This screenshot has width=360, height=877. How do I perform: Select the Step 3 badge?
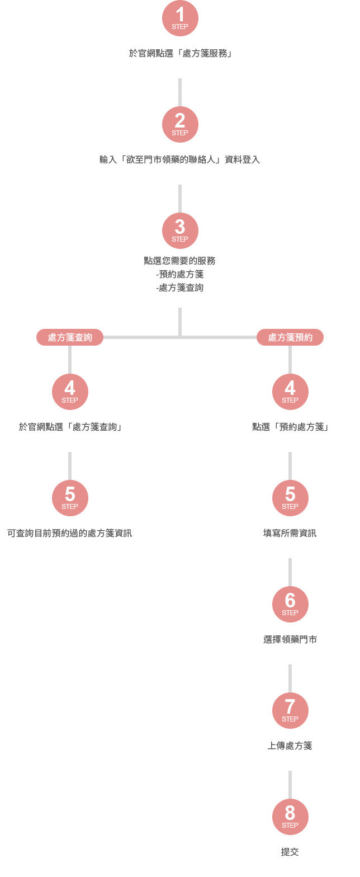point(180,229)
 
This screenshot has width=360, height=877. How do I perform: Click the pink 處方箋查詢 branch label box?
point(70,337)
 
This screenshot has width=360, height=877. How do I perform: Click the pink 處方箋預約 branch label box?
point(290,337)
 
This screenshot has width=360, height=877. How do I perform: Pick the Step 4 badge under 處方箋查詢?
point(70,390)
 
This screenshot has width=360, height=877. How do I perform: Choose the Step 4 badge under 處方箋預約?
point(290,390)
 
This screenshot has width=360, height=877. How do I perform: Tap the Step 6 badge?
point(290,603)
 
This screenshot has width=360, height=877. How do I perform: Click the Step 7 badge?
point(290,709)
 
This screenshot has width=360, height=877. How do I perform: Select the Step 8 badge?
point(290,815)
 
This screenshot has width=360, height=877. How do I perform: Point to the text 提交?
point(290,852)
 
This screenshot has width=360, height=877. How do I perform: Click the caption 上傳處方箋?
point(290,746)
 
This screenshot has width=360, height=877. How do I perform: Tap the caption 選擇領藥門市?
point(290,639)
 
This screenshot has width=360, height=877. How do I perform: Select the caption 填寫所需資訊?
point(290,533)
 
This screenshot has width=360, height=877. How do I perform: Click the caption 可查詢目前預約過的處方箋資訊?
point(70,533)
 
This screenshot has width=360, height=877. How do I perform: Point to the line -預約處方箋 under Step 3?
point(180,274)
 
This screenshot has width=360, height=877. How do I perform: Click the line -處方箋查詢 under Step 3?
point(180,287)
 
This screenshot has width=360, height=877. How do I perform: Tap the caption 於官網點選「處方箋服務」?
point(180,54)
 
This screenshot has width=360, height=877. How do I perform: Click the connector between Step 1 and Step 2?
point(180,92)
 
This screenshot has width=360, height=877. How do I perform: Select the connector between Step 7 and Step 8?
point(290,784)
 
